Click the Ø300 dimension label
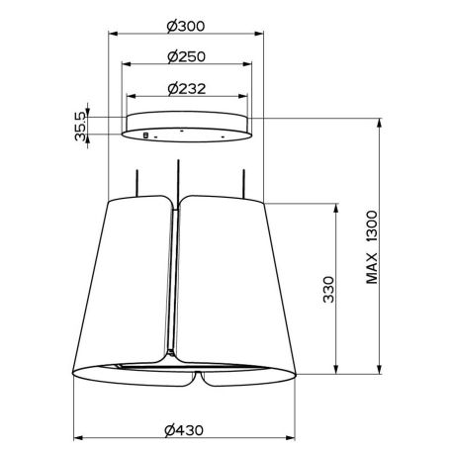186,26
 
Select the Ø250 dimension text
186,56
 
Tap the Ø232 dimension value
187,88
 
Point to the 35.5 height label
80,126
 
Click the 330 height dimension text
328,289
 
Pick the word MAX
372,268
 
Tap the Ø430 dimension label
184,430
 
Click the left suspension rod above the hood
137,183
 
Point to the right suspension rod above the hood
243,184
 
